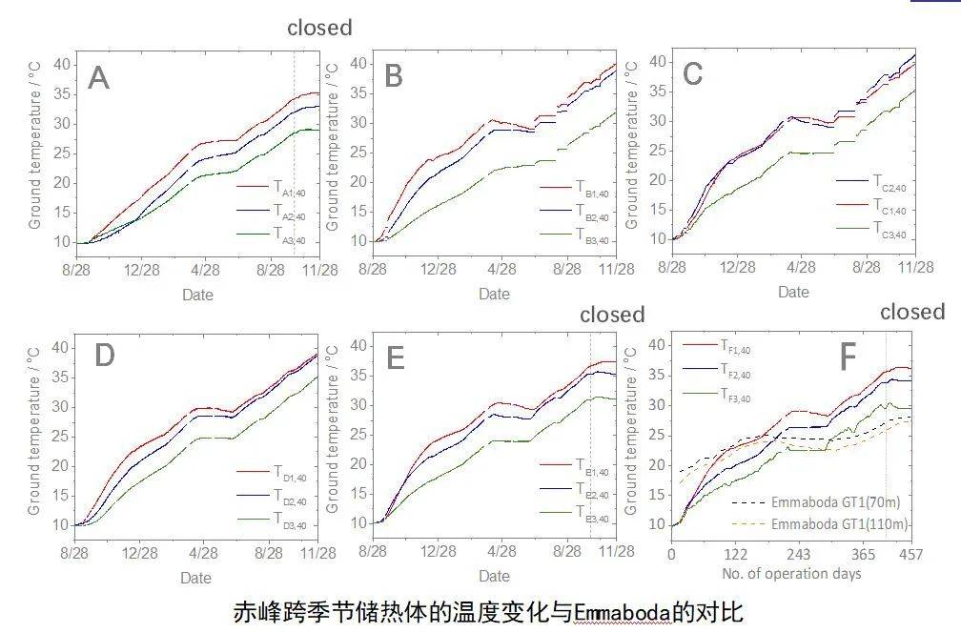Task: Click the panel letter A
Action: pos(98,77)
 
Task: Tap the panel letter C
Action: pos(693,73)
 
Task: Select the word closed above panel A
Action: pos(319,28)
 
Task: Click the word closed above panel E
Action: pos(612,315)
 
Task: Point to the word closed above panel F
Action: pos(912,312)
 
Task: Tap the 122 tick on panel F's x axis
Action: pos(735,556)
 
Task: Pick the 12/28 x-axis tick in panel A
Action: pos(142,270)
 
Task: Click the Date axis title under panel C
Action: pos(793,292)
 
